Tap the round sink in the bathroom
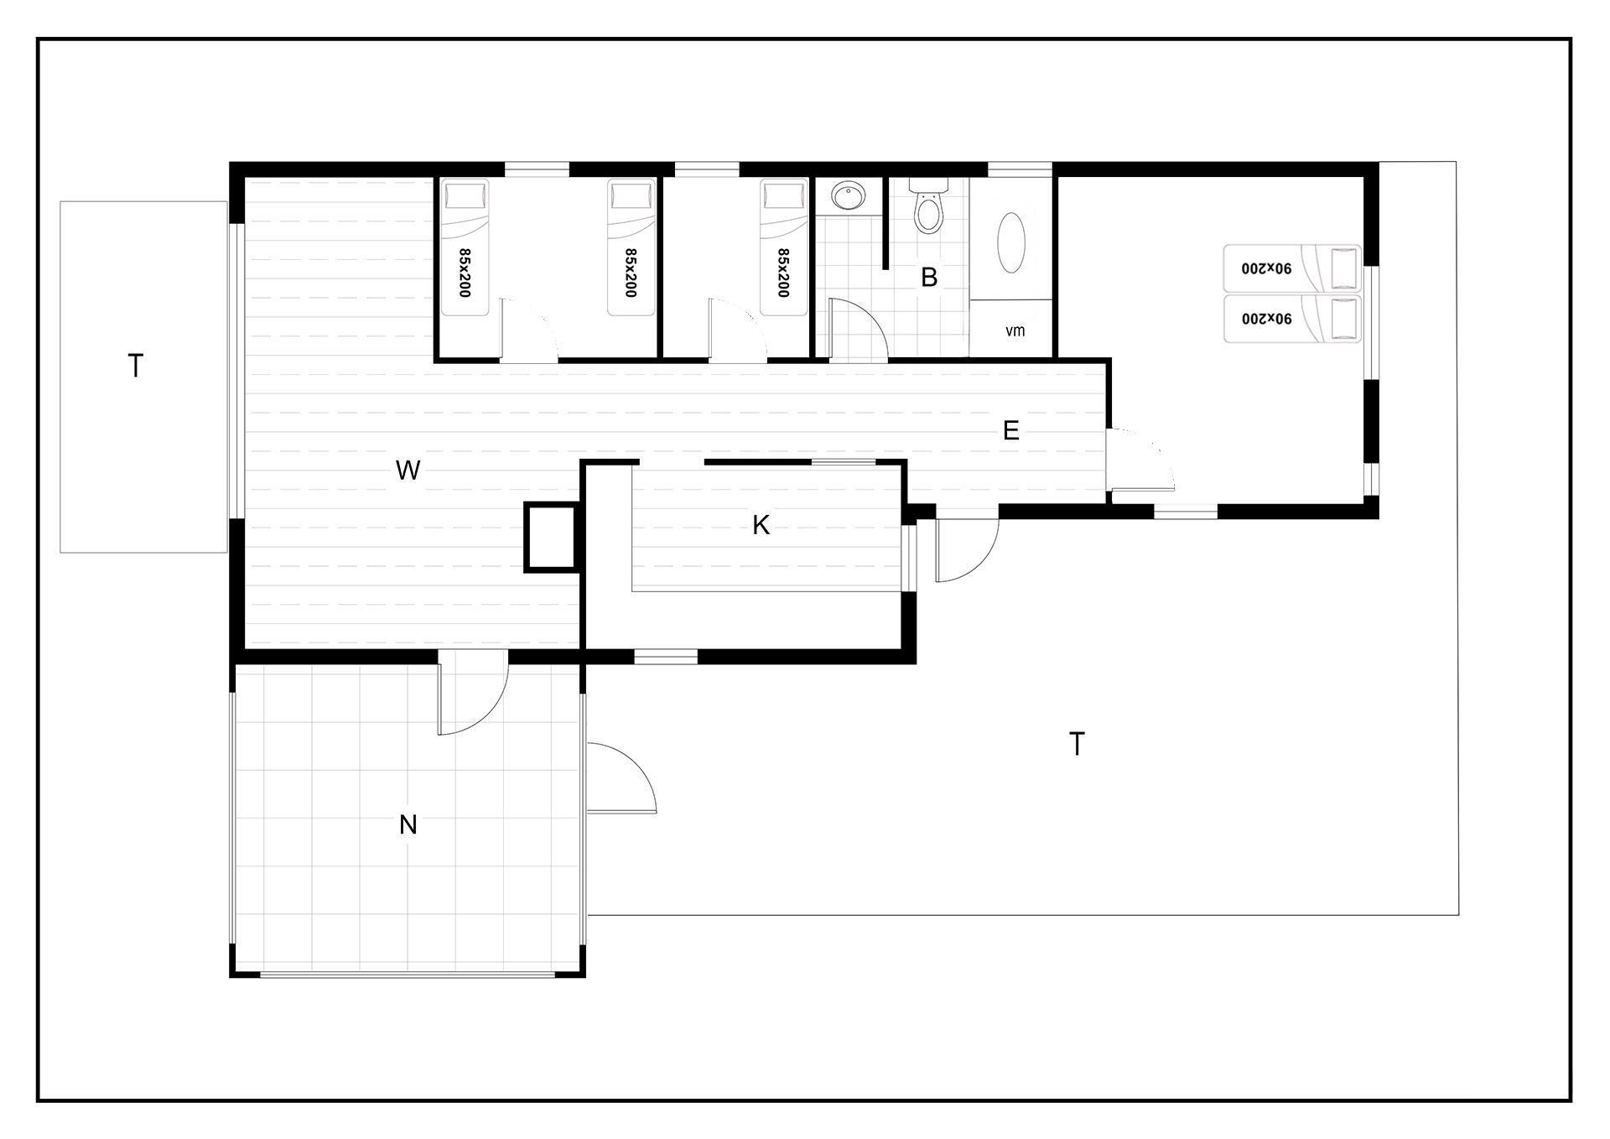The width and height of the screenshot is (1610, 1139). coord(849,197)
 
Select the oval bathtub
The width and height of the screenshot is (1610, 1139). coord(1010,242)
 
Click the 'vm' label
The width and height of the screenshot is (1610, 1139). coord(1015,330)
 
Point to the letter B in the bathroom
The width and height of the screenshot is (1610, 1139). coord(929,277)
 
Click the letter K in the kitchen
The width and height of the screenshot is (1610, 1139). coord(761,525)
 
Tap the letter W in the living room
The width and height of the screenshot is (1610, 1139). coord(408,471)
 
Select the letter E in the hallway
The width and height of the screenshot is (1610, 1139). coord(1011,430)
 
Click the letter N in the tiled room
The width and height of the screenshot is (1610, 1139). coord(408,824)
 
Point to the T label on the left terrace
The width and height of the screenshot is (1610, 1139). coord(135,366)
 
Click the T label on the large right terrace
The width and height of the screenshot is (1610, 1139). coord(1077,743)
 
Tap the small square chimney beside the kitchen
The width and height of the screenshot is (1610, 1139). coord(551,537)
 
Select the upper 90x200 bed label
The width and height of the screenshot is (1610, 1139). coord(1267,268)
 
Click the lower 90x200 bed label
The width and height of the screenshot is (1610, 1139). coord(1267,319)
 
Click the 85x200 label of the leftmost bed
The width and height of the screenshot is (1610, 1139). coord(464,273)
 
